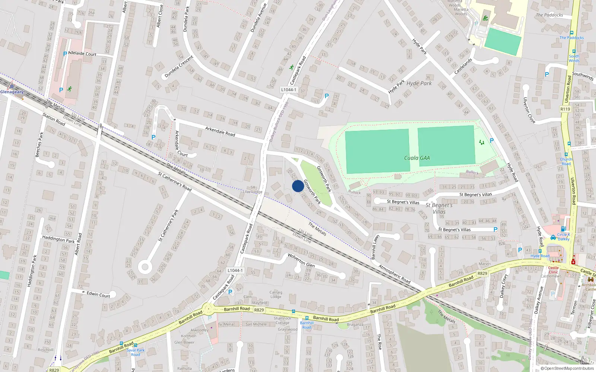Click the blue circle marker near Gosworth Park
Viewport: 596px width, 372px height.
(298, 186)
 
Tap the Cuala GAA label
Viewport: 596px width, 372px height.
(417, 158)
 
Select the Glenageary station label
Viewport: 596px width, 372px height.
(12, 92)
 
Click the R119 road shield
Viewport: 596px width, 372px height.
(565, 109)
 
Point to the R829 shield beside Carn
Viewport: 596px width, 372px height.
(259, 310)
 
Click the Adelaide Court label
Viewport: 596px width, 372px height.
(82, 54)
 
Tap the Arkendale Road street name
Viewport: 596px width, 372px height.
(220, 131)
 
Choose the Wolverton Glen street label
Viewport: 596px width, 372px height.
(301, 260)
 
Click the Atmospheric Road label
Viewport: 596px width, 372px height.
(394, 274)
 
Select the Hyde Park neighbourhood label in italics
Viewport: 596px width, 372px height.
(419, 83)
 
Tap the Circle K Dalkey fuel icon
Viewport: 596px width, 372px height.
(553, 237)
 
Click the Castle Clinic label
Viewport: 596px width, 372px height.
(553, 270)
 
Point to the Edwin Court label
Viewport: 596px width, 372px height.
(98, 294)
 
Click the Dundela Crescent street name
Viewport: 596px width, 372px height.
(179, 67)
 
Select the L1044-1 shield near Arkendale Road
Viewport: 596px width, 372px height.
(289, 90)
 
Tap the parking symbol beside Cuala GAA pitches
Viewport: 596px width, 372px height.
(492, 141)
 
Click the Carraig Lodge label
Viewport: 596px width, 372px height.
(276, 294)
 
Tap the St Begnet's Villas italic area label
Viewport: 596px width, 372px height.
(439, 208)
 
